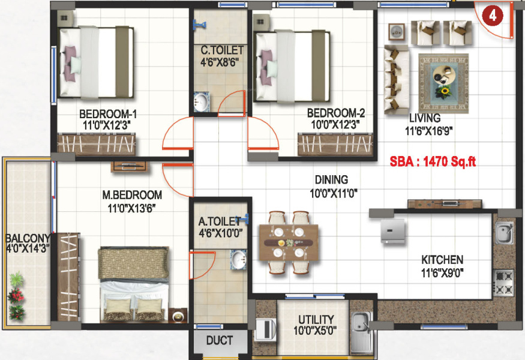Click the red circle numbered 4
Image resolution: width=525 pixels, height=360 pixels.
[x=492, y=16]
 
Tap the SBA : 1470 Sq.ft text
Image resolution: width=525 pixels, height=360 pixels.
[x=433, y=162]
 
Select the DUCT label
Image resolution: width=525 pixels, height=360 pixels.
[x=220, y=341]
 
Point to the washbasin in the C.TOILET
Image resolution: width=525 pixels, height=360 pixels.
[x=202, y=102]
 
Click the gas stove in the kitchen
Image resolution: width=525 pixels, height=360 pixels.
[x=504, y=283]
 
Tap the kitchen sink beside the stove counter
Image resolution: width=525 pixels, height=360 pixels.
[x=505, y=233]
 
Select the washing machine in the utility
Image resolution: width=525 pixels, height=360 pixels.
[x=266, y=329]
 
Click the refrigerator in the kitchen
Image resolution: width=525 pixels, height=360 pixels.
[x=393, y=230]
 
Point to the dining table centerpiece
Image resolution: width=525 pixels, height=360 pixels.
[x=288, y=243]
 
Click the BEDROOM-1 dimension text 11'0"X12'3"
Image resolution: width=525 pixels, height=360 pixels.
[x=106, y=125]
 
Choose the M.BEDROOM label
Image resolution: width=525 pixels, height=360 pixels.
[x=132, y=195]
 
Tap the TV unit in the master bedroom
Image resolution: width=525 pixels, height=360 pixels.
[x=129, y=166]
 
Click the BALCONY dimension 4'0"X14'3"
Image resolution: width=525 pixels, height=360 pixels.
[x=28, y=248]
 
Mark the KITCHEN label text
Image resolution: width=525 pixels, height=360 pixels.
[x=442, y=260]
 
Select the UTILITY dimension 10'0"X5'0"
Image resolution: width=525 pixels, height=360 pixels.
[x=315, y=331]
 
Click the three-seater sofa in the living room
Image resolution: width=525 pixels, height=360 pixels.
[x=397, y=79]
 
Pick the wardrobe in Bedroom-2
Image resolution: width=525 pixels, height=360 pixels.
[x=335, y=144]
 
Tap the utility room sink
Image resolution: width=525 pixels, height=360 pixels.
[x=361, y=332]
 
